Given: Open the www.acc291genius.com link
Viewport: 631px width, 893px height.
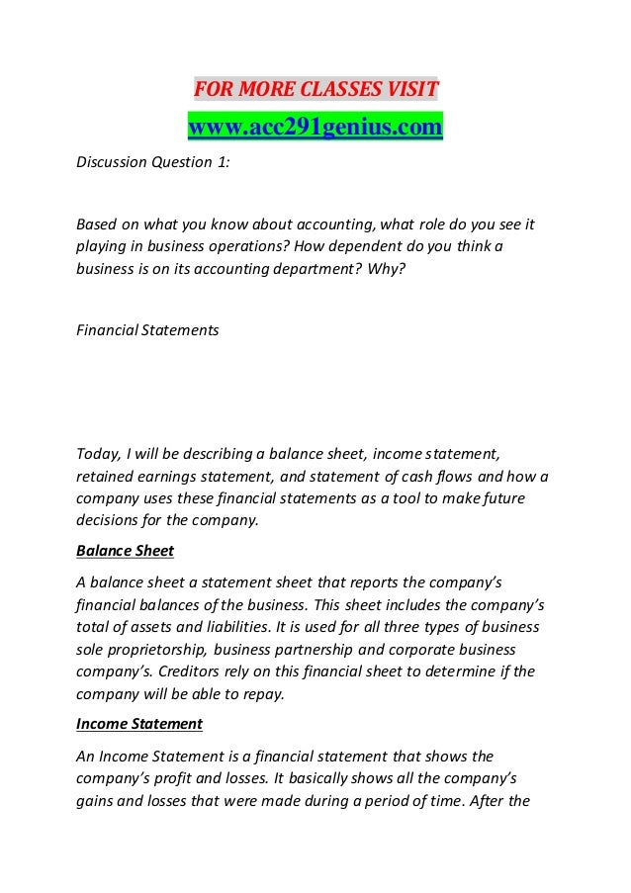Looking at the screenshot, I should [x=315, y=128].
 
